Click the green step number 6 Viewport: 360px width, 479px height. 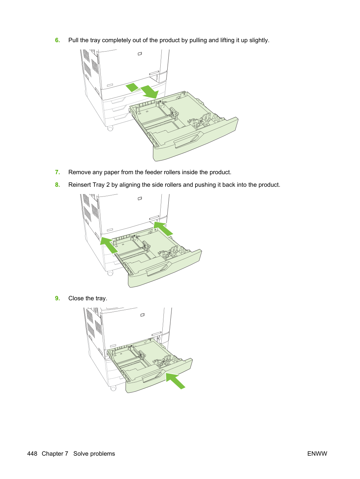click(x=58, y=40)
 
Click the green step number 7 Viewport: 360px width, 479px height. click(x=58, y=172)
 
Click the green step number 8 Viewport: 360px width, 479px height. click(x=58, y=185)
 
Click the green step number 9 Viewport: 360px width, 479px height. click(x=58, y=298)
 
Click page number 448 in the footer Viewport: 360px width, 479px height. click(x=32, y=454)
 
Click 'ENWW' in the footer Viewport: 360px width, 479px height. click(x=317, y=454)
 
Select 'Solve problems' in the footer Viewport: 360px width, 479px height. click(x=94, y=454)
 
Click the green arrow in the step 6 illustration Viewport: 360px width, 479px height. click(x=142, y=91)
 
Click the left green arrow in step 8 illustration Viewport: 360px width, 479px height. click(x=109, y=245)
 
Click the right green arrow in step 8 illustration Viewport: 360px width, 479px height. click(x=163, y=229)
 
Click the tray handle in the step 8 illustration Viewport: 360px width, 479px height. click(x=159, y=269)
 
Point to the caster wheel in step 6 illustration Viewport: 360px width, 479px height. click(x=110, y=128)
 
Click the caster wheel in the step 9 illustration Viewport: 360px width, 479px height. click(x=113, y=388)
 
